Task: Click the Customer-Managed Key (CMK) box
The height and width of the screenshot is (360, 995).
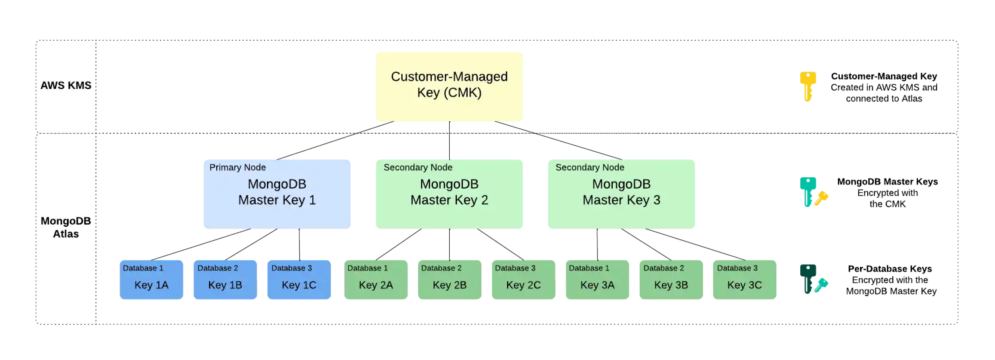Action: pos(449,87)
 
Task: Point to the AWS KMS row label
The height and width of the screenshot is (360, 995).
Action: pos(66,85)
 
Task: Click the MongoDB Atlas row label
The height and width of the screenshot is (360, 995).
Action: pos(66,227)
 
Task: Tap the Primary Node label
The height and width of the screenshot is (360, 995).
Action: pos(237,167)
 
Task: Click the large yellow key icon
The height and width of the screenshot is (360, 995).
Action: pos(807,86)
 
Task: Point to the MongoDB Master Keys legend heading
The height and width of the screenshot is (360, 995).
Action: pos(887,181)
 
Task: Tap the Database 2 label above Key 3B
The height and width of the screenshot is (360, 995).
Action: pos(663,268)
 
